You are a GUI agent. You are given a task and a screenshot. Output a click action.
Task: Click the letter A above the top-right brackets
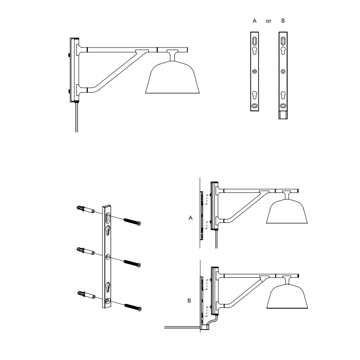(x=255, y=21)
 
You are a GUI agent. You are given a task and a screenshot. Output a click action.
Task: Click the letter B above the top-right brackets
(x=283, y=21)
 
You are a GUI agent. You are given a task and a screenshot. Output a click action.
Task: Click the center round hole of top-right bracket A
(x=255, y=71)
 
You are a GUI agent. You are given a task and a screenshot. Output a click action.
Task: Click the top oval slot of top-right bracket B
(x=283, y=41)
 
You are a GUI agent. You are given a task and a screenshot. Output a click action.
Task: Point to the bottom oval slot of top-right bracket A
(x=255, y=105)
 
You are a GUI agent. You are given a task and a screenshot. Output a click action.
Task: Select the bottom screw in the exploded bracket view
(x=132, y=306)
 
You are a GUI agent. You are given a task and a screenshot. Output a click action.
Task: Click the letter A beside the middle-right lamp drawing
(x=190, y=218)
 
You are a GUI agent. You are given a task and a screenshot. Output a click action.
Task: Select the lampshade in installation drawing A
(x=287, y=212)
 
